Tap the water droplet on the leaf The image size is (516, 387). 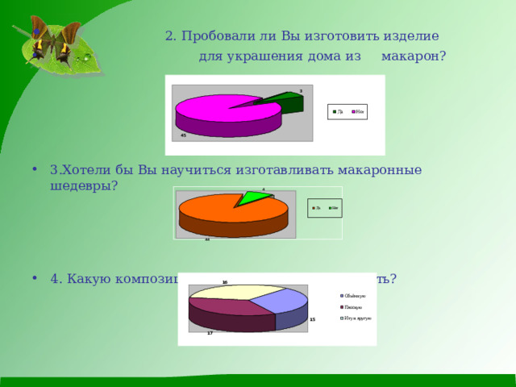84,58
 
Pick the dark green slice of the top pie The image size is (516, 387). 286,101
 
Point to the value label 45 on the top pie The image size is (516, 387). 184,135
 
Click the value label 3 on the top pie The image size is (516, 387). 301,90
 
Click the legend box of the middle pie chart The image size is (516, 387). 326,209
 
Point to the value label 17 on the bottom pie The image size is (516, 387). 210,333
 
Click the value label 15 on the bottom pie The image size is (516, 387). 312,320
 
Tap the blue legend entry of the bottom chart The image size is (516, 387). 355,297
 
